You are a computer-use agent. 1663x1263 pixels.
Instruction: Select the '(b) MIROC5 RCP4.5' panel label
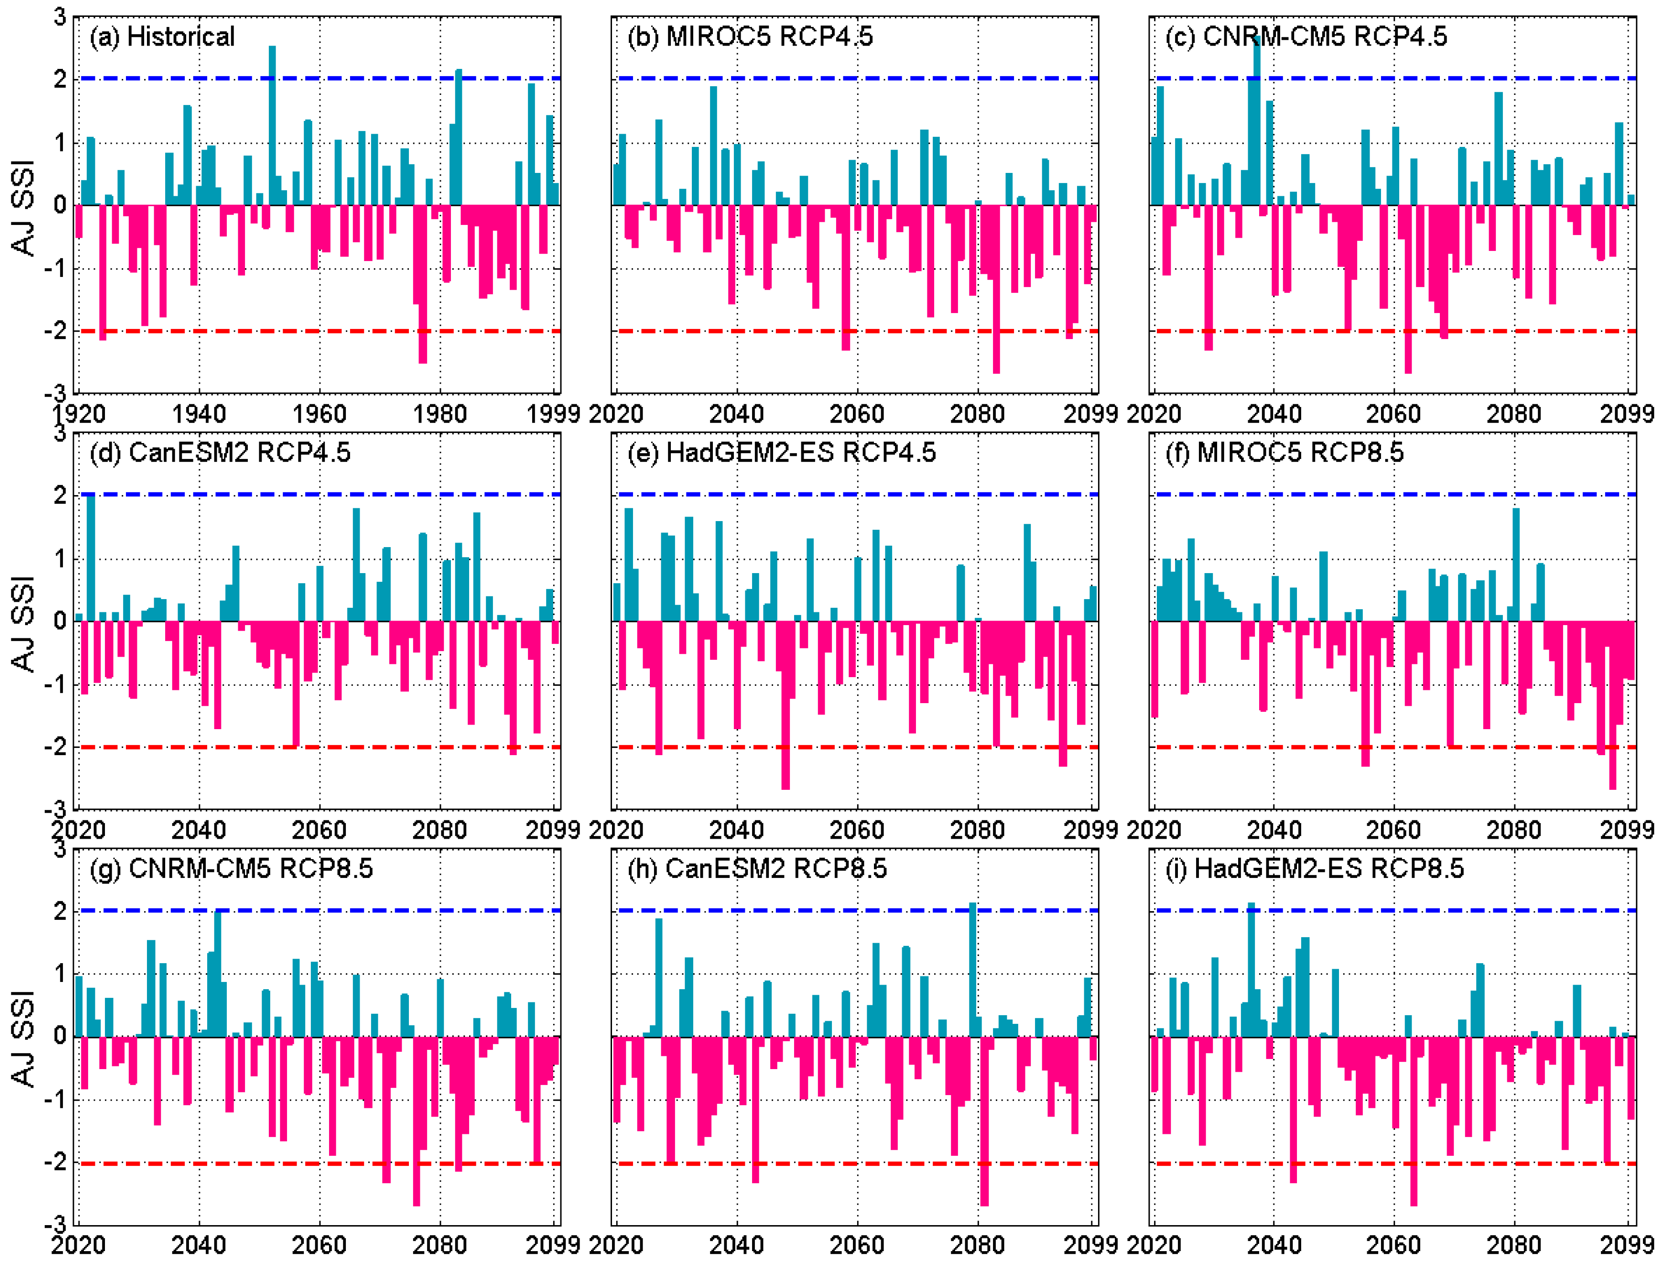pos(749,36)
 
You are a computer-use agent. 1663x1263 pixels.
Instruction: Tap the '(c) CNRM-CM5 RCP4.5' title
pos(1306,36)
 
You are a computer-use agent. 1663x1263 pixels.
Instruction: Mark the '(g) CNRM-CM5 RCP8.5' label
pos(231,868)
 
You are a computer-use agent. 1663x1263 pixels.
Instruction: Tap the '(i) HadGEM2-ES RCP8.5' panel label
pos(1314,868)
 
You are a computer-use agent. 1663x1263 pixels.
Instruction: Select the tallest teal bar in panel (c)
pos(1257,120)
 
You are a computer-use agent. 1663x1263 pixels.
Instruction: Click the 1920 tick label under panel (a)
pos(78,413)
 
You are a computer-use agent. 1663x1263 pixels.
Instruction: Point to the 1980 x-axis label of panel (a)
pos(440,413)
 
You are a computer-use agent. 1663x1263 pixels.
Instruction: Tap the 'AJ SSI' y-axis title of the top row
pos(24,207)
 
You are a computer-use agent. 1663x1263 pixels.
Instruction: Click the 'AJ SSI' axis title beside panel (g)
pos(24,1038)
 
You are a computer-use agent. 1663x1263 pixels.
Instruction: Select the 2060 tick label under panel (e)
pos(857,830)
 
